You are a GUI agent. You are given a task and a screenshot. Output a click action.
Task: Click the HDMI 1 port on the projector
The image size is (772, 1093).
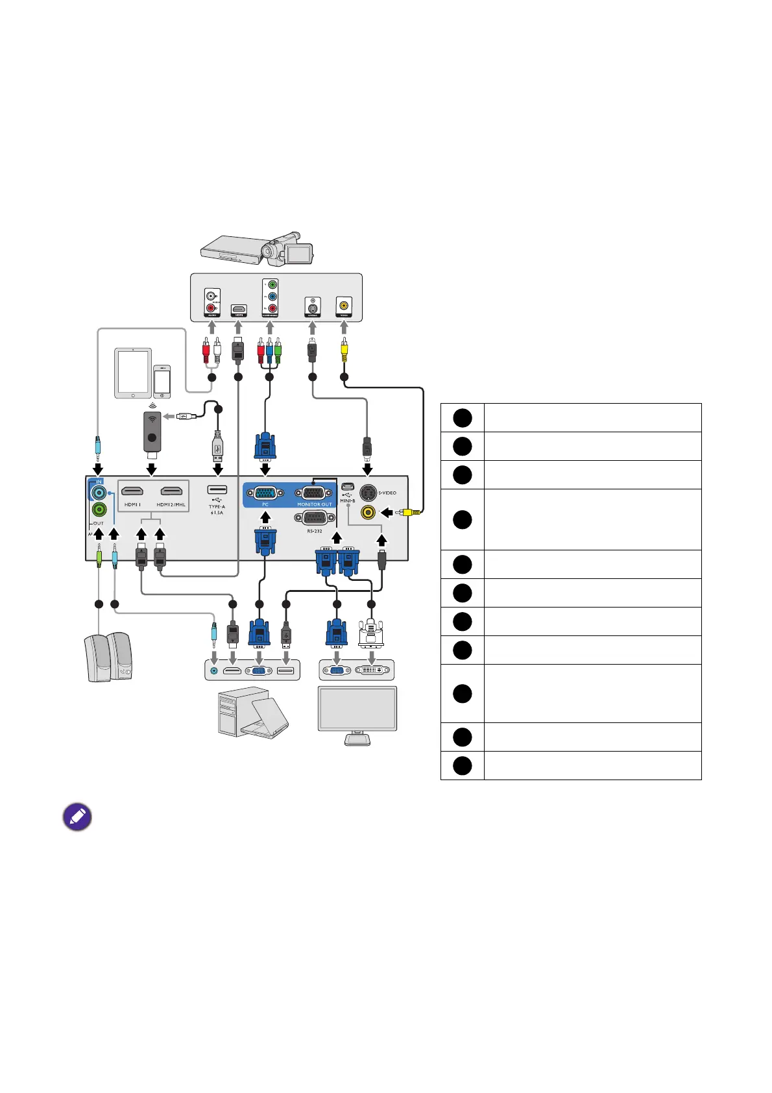click(132, 491)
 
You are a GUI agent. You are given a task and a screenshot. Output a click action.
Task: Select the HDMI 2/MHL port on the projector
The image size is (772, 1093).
click(171, 491)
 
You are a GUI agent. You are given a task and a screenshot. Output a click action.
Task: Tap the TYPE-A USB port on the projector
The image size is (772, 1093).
click(217, 489)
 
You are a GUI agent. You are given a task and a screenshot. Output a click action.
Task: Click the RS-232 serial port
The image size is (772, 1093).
click(314, 518)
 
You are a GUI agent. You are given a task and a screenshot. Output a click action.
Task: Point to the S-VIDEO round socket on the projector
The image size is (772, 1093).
click(368, 493)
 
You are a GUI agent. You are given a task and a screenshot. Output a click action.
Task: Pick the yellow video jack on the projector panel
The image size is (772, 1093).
click(368, 513)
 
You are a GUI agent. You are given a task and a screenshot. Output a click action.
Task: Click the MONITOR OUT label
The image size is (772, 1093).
click(314, 504)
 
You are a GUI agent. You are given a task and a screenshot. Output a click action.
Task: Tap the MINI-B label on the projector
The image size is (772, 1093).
click(347, 500)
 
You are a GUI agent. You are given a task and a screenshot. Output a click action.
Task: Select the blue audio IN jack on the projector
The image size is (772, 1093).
click(99, 493)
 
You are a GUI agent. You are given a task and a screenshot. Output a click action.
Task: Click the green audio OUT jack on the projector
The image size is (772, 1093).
click(99, 510)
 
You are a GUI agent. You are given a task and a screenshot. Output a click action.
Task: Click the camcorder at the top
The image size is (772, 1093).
click(287, 247)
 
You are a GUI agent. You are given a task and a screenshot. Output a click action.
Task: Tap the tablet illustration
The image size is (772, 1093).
click(133, 373)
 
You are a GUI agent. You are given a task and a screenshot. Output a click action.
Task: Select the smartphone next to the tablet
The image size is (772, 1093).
click(162, 381)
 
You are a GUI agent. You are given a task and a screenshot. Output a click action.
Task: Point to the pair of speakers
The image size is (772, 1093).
click(108, 657)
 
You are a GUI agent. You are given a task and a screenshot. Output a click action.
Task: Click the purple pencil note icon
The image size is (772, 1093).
click(77, 817)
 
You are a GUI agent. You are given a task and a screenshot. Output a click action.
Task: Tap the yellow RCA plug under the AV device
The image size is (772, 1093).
click(344, 350)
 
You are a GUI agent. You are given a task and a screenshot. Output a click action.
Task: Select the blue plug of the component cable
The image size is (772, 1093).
click(269, 350)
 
